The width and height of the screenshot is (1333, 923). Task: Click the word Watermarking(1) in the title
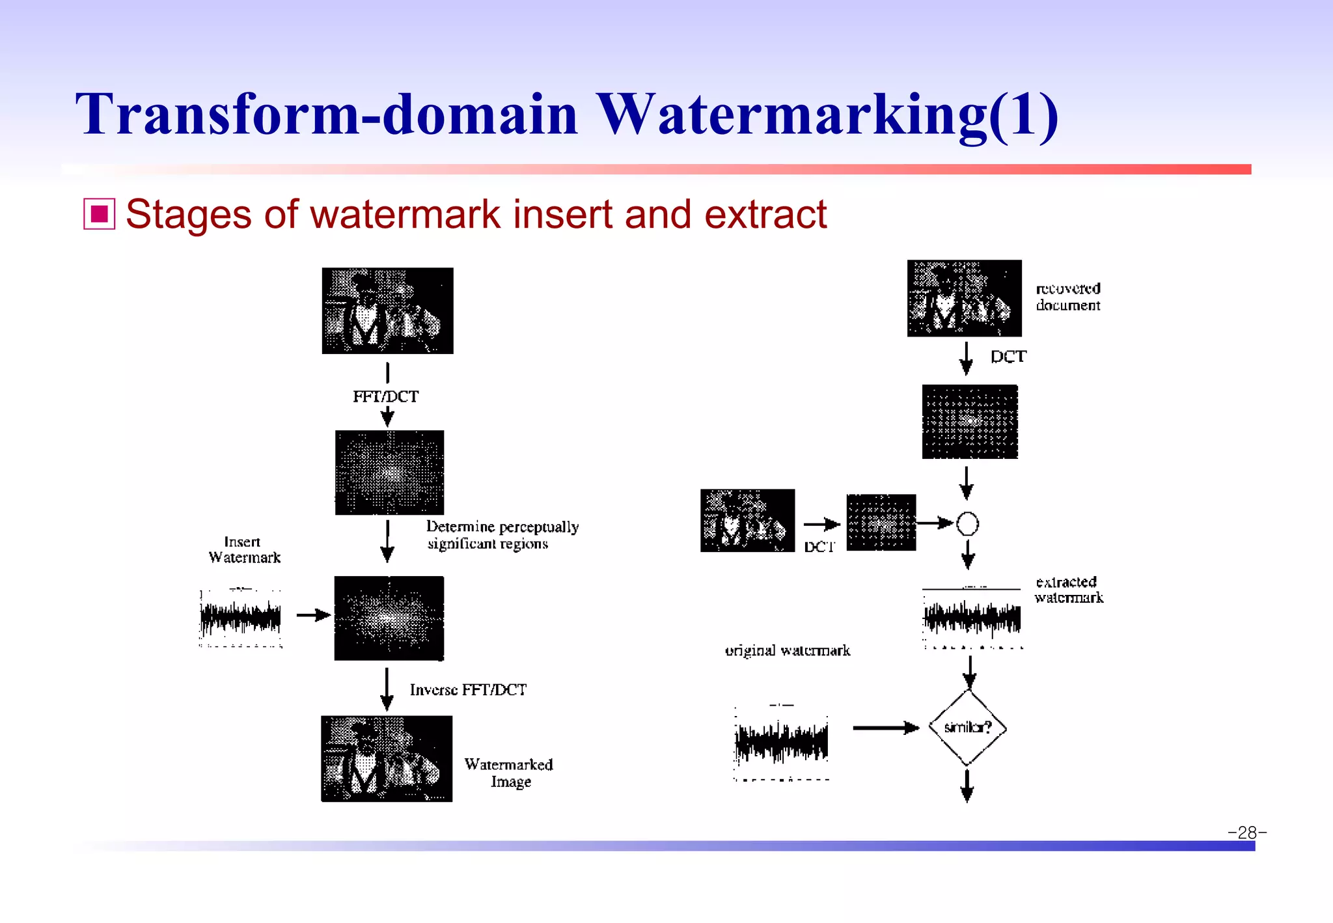pyautogui.click(x=827, y=115)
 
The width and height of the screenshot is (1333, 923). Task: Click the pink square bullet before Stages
pyautogui.click(x=99, y=214)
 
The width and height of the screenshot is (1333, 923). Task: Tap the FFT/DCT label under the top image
pyautogui.click(x=385, y=396)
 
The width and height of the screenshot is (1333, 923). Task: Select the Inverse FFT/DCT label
pyautogui.click(x=468, y=690)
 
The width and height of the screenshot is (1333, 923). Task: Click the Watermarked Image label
pyautogui.click(x=509, y=773)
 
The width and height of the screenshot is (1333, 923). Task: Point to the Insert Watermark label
pyautogui.click(x=244, y=550)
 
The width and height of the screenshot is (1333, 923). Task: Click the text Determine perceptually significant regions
pyautogui.click(x=502, y=534)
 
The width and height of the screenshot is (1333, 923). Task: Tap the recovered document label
pyautogui.click(x=1068, y=297)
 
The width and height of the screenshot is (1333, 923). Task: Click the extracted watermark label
pyautogui.click(x=1069, y=590)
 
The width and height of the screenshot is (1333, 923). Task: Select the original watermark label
pyautogui.click(x=788, y=650)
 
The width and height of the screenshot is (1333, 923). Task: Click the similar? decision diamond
pyautogui.click(x=968, y=727)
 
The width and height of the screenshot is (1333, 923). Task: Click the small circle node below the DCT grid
pyautogui.click(x=968, y=523)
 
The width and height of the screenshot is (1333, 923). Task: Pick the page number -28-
pyautogui.click(x=1246, y=833)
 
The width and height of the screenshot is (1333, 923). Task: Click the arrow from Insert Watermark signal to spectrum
pyautogui.click(x=314, y=615)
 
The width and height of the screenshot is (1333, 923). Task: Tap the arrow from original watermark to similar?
pyautogui.click(x=885, y=728)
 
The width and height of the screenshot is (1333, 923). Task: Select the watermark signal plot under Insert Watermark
pyautogui.click(x=241, y=618)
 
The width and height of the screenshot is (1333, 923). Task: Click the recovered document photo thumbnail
pyautogui.click(x=964, y=298)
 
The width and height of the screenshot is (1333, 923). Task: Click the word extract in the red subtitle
pyautogui.click(x=765, y=214)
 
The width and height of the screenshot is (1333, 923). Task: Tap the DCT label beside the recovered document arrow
pyautogui.click(x=1008, y=357)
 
